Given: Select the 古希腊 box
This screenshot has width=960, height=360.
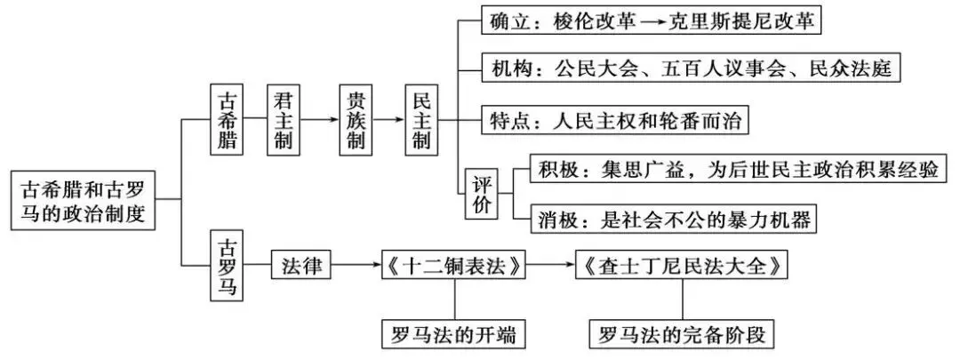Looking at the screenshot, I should click(228, 119).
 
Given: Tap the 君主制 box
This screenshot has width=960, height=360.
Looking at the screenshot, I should click(284, 119).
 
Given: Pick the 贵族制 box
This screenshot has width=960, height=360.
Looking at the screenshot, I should click(355, 119).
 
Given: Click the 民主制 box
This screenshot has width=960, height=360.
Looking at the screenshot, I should click(422, 119).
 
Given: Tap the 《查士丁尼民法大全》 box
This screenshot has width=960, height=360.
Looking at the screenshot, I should click(681, 265).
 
